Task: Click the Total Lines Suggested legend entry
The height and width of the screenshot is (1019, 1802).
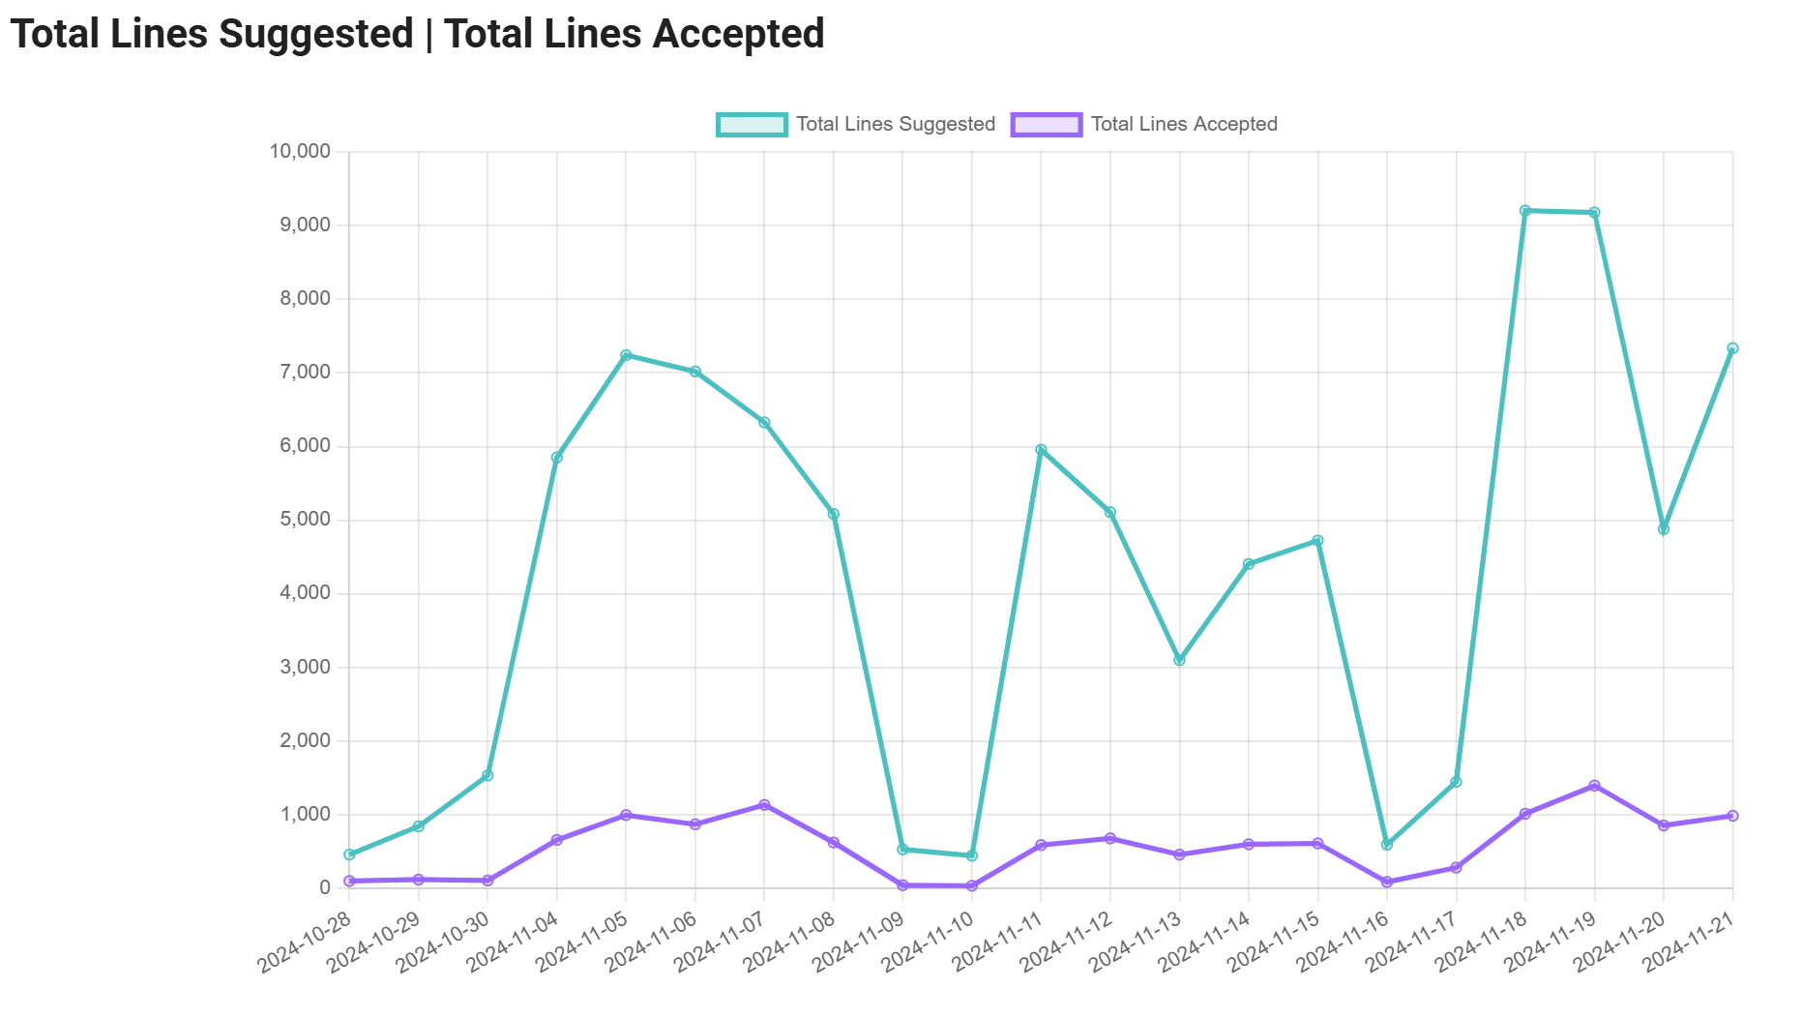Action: tap(856, 125)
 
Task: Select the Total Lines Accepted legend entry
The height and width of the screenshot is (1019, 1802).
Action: tap(1144, 125)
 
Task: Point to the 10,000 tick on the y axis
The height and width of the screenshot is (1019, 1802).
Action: tap(300, 152)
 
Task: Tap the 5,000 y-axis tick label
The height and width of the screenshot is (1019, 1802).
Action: tap(305, 520)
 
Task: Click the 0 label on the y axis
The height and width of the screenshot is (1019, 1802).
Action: tap(324, 887)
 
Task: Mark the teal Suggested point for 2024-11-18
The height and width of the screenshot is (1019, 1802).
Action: tap(1525, 211)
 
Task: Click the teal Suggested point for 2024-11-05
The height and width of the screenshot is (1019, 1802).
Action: tap(626, 355)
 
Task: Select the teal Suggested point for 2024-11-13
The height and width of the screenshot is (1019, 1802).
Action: tap(1179, 660)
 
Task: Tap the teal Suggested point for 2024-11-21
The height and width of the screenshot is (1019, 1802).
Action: tap(1732, 348)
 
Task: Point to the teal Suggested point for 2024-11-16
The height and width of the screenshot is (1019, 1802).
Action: tap(1387, 845)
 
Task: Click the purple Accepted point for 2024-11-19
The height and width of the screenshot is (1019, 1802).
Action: tap(1594, 786)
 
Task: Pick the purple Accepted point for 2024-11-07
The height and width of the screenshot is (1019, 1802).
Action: tap(764, 805)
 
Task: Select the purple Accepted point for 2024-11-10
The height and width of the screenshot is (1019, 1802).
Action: tap(972, 885)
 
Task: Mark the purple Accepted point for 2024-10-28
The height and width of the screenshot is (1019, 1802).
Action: tap(349, 881)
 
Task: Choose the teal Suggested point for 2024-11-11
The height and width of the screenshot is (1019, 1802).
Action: tap(1041, 450)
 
